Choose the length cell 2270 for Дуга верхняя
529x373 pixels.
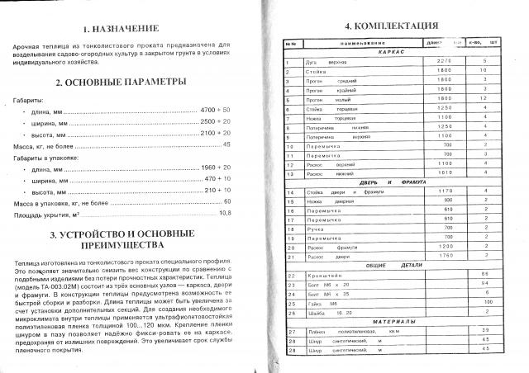point(444,62)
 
